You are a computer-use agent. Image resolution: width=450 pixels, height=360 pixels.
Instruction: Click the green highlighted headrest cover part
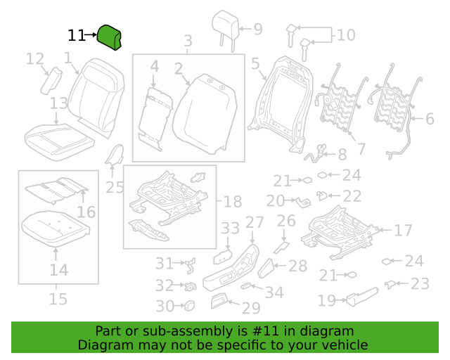pyautogui.click(x=109, y=37)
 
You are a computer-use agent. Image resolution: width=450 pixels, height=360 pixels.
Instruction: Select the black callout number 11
pyautogui.click(x=77, y=36)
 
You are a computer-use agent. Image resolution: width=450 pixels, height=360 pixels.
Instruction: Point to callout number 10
pyautogui.click(x=346, y=35)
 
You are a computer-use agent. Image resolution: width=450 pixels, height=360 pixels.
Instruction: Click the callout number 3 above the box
pyautogui.click(x=188, y=41)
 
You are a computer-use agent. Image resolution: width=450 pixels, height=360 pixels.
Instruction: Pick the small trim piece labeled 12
pyautogui.click(x=51, y=81)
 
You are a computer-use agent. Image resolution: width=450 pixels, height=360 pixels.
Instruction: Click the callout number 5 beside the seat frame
pyautogui.click(x=255, y=64)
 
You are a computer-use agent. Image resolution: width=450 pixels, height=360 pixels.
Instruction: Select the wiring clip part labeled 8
pyautogui.click(x=315, y=153)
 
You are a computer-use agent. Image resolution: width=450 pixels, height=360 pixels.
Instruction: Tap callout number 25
pyautogui.click(x=115, y=188)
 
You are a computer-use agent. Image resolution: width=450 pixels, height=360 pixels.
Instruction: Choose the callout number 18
pyautogui.click(x=233, y=202)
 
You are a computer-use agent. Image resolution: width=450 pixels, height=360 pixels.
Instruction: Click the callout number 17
pyautogui.click(x=403, y=230)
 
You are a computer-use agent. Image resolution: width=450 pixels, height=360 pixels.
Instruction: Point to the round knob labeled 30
pyautogui.click(x=189, y=305)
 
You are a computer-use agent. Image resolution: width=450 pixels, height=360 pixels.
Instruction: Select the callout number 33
pyautogui.click(x=230, y=229)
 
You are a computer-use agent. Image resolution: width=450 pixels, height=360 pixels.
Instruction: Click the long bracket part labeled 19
pyautogui.click(x=363, y=297)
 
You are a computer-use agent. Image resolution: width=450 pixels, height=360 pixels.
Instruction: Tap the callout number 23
pyautogui.click(x=420, y=284)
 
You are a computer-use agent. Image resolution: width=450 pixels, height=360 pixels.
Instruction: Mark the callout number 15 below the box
pyautogui.click(x=58, y=299)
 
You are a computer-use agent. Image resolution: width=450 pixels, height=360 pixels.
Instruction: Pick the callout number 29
pyautogui.click(x=251, y=309)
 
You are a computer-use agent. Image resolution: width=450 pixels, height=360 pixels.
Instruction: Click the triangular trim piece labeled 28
pyautogui.click(x=265, y=269)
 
